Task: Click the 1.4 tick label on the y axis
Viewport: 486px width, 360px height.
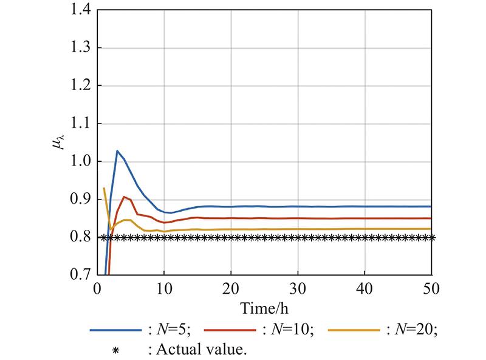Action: [x=81, y=10]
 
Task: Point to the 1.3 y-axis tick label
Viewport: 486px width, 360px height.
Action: [x=81, y=48]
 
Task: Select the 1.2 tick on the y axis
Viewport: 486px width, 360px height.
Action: [x=81, y=86]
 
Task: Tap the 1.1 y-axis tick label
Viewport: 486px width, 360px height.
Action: [x=81, y=123]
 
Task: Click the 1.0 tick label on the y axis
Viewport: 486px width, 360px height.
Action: [x=81, y=162]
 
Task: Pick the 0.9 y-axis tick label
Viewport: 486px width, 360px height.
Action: [x=81, y=199]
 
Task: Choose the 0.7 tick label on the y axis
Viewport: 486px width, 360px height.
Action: [x=81, y=275]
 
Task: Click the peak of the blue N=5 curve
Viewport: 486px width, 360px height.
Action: [x=117, y=151]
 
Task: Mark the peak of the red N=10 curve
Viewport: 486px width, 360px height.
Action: [x=124, y=196]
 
